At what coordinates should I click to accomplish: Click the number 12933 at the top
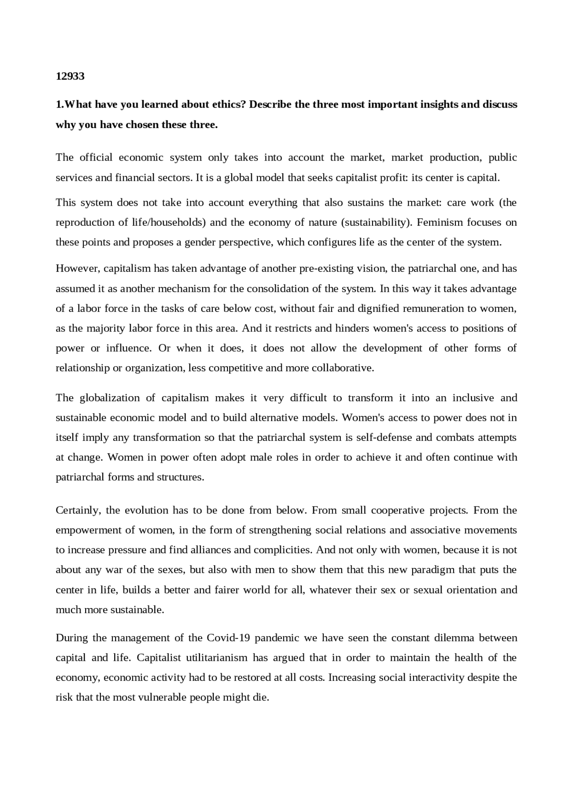tap(70, 76)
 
